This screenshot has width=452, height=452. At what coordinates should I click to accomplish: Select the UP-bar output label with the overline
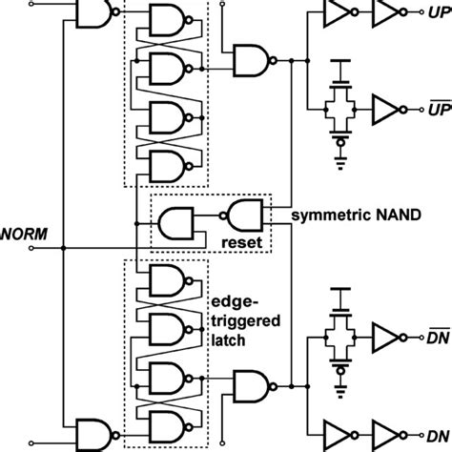[x=438, y=107]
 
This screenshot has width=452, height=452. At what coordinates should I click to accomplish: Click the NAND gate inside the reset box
[x=243, y=213]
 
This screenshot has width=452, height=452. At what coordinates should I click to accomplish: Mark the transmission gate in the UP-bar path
[x=339, y=104]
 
